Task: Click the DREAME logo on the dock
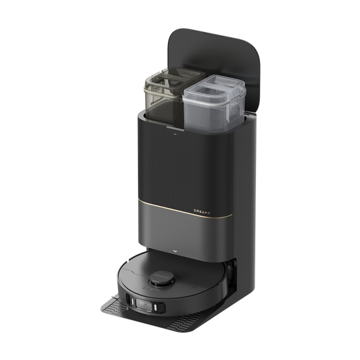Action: (202, 212)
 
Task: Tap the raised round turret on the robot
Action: (162, 279)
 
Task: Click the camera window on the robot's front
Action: (144, 305)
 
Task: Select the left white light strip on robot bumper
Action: (133, 301)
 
